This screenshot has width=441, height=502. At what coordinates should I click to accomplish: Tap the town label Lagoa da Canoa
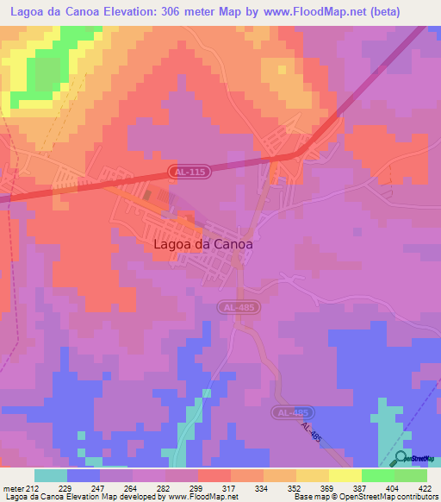(203, 244)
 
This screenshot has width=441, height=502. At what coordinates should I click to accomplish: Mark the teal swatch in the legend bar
(51, 475)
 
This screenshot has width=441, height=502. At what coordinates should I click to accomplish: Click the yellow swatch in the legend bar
(313, 475)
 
